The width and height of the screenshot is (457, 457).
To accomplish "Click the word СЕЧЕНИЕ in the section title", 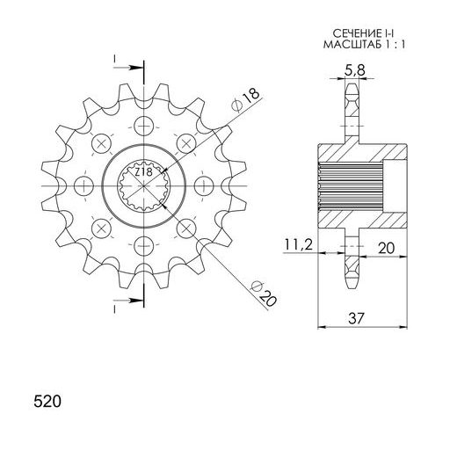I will tap(338, 34).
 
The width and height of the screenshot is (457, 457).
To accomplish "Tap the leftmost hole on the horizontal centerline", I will tap(83, 185).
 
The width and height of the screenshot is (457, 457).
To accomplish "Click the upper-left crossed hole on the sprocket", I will tap(101, 142).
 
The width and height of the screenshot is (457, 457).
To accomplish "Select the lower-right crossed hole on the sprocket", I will tap(186, 228).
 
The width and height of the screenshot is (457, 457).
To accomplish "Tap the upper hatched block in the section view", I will tap(362, 156).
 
